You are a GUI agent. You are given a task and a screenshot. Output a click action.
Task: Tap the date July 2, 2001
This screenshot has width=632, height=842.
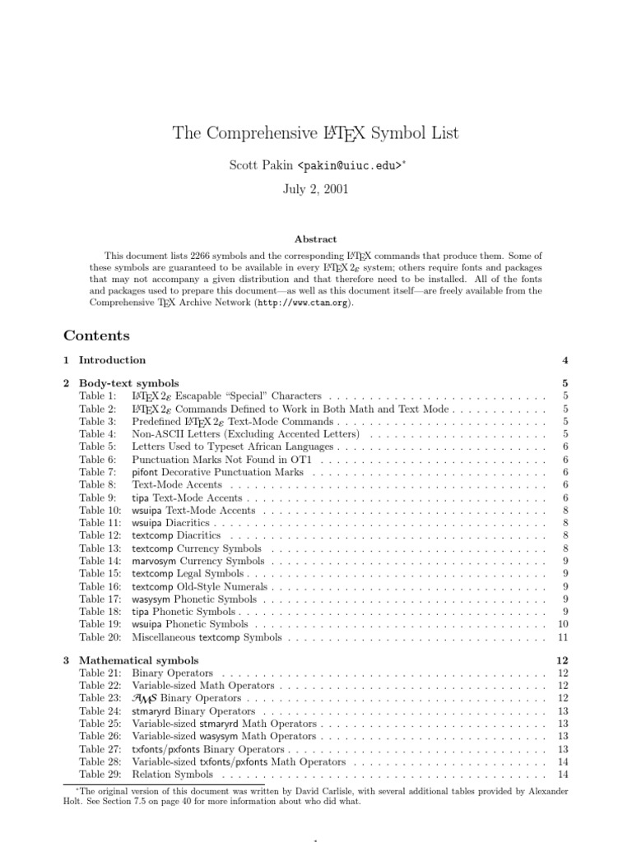(x=316, y=188)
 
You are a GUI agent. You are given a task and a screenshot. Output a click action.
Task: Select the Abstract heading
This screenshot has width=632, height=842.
(x=316, y=239)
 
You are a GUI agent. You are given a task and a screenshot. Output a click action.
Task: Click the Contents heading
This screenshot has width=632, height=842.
(x=96, y=335)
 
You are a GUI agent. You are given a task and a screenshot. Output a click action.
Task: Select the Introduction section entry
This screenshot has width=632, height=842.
(x=112, y=360)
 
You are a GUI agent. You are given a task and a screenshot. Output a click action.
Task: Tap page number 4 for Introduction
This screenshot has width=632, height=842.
(x=565, y=360)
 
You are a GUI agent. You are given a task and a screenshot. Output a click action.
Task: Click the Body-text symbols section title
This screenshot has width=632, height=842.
(x=128, y=383)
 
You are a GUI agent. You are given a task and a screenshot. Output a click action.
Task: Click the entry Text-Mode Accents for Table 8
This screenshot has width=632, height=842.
(x=176, y=485)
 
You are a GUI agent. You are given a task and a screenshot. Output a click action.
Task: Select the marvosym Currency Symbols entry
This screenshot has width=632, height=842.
(x=197, y=561)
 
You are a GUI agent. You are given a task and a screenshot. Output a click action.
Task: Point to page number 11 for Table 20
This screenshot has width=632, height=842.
(x=564, y=636)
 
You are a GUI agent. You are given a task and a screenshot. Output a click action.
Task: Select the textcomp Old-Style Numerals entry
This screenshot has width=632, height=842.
(x=200, y=586)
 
